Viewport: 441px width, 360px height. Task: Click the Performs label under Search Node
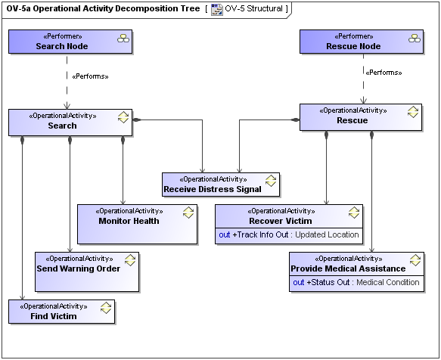click(x=89, y=76)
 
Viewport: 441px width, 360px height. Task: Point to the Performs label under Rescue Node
click(x=384, y=73)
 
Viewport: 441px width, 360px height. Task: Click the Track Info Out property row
click(x=289, y=234)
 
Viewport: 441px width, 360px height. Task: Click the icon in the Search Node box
click(x=123, y=39)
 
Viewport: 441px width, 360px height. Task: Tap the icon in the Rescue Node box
click(x=414, y=39)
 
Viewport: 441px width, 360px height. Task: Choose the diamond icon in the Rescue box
click(x=413, y=112)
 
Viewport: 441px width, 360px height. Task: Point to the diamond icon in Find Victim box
click(x=107, y=308)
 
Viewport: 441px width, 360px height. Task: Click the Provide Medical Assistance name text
click(x=349, y=268)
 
